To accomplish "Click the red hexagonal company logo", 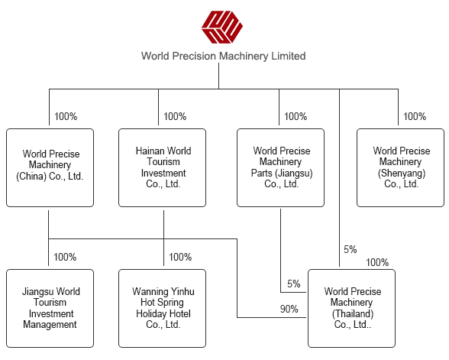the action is coord(222,28).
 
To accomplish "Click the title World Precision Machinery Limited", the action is coord(223,56).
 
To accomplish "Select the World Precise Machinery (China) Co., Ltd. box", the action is coord(50,167).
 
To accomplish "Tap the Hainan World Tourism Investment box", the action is coord(162,167).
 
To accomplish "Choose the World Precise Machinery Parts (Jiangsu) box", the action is coord(281,167).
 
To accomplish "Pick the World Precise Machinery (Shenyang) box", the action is coord(400,167).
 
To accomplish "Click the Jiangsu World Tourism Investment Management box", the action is coord(50,309).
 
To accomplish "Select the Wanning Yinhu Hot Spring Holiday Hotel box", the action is coord(162,309).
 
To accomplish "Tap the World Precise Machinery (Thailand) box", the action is coord(351,309).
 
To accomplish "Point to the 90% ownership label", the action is coord(289,309).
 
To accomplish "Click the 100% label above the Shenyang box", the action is coord(415,116).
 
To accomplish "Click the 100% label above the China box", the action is coord(66,116).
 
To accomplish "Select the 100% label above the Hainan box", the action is coord(175,116).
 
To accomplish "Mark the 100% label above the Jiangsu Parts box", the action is coord(296,116).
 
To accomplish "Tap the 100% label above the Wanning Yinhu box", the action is coord(180,257).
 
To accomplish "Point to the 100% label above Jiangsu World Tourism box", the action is coord(65,257).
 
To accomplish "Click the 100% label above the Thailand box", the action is coord(377,262).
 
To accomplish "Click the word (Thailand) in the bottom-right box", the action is coord(353,313).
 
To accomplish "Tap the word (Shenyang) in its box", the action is coord(402,173).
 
